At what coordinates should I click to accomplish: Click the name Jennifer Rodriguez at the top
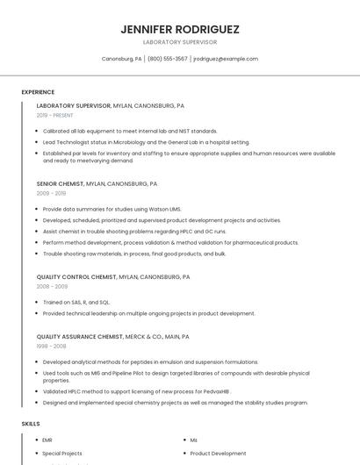tap(180, 29)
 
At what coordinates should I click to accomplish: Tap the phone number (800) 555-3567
tap(167, 59)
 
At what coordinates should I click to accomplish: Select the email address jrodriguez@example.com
tap(226, 59)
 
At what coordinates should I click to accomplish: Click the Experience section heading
tap(38, 91)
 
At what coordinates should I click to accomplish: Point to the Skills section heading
tap(31, 424)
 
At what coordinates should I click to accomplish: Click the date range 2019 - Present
tap(54, 115)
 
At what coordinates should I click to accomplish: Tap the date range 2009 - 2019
tap(51, 193)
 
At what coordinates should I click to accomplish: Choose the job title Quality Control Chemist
tap(76, 276)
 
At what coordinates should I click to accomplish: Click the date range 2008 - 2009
tap(52, 286)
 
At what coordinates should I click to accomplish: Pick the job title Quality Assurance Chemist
tap(79, 336)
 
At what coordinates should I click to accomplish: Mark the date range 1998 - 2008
tap(51, 346)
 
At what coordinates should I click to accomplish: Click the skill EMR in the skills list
tap(47, 440)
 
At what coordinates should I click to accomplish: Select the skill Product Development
tap(218, 454)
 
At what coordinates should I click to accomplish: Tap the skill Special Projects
tap(62, 454)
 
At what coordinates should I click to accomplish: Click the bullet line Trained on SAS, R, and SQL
tap(76, 302)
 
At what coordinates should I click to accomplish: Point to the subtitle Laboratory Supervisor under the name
tap(180, 42)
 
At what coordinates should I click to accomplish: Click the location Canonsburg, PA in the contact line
tap(121, 59)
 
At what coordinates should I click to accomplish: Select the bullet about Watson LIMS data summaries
tap(112, 209)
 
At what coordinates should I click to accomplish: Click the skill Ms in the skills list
tap(194, 440)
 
